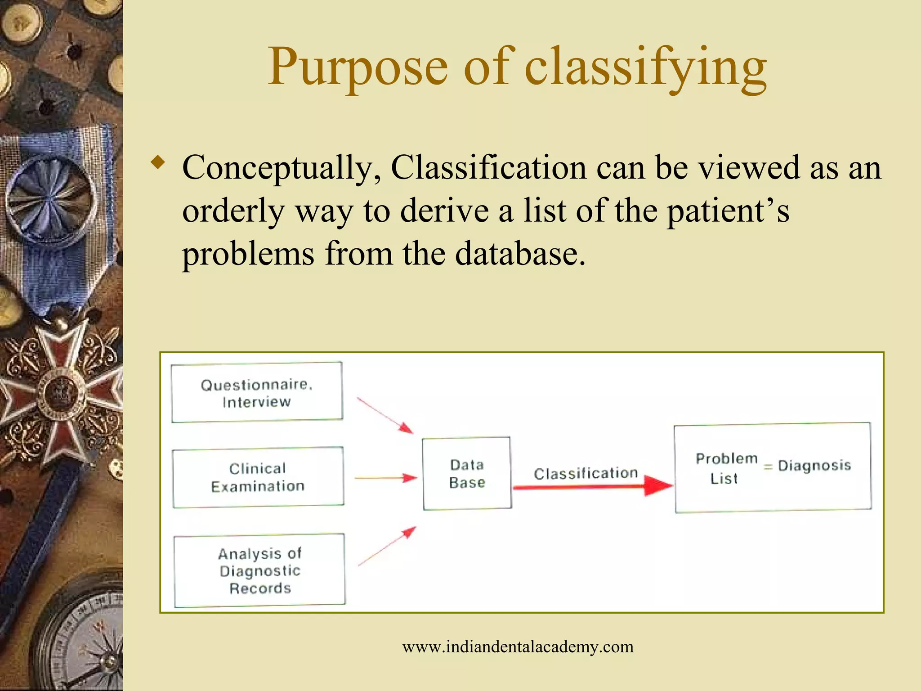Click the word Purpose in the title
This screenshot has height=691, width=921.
[358, 67]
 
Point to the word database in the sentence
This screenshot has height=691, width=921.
[520, 254]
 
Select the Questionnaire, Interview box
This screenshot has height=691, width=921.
[257, 392]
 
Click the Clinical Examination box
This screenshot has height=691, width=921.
[258, 477]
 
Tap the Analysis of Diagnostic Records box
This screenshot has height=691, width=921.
[259, 570]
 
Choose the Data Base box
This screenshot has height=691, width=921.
[467, 473]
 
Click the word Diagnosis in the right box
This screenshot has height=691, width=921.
[814, 465]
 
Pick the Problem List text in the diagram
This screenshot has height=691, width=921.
[725, 468]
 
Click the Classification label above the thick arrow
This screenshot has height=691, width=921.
[586, 473]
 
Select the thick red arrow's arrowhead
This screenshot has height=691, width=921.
[657, 486]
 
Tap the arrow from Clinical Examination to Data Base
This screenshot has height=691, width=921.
[386, 478]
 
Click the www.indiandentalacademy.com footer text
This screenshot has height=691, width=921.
[518, 647]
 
